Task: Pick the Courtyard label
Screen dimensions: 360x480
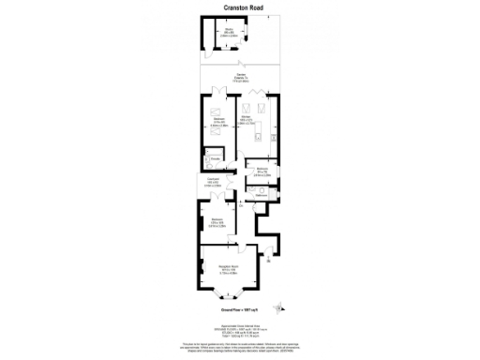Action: pos(213,182)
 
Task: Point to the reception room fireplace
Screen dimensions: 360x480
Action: pos(202,269)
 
